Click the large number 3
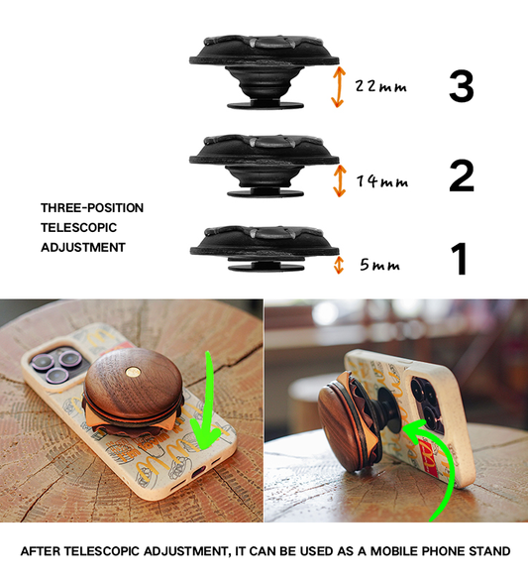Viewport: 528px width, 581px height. [x=461, y=86]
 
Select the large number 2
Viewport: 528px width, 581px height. [x=461, y=176]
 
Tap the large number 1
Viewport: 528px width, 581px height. [x=459, y=259]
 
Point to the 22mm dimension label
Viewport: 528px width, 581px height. [x=380, y=87]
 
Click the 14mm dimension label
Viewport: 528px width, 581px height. [x=380, y=181]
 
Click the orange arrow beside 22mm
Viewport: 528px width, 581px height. [x=338, y=87]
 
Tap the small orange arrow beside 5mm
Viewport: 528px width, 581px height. [x=339, y=265]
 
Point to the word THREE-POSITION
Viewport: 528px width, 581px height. [x=92, y=208]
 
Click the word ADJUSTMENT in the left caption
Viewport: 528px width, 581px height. [x=83, y=248]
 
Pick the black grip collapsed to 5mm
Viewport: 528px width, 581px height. [x=261, y=247]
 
